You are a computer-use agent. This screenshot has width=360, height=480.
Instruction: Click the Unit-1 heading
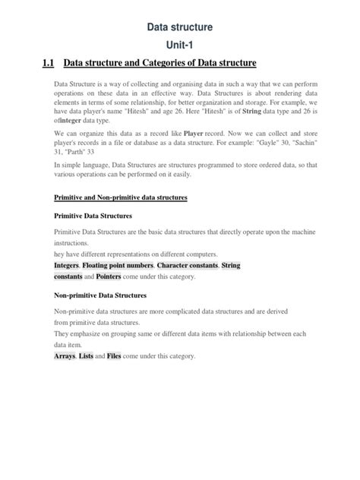click(x=180, y=45)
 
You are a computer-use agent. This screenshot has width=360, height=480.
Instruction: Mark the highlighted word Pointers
click(x=114, y=277)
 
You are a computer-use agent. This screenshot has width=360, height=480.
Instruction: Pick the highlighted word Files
click(x=114, y=356)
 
